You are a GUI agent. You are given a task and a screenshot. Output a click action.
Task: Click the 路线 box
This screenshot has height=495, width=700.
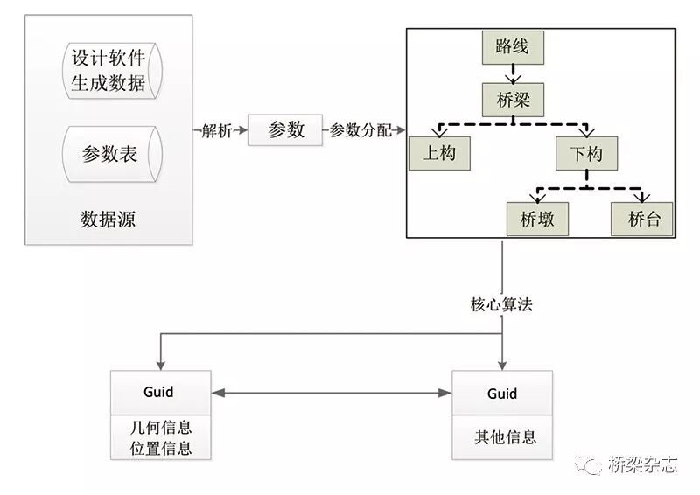pos(513,47)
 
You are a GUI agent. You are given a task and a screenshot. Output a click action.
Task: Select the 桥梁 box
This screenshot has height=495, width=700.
pos(513,100)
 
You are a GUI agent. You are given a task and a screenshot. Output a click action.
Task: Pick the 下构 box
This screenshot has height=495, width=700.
pos(585,155)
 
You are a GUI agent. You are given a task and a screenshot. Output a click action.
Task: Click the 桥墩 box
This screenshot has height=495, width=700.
pos(537,219)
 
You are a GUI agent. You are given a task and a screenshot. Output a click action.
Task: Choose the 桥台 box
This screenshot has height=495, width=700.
pos(643,219)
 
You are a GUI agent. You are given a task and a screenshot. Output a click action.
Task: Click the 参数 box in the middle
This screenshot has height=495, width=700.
pos(285,130)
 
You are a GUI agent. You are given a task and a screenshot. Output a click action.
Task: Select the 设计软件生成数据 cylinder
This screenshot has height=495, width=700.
pos(107,71)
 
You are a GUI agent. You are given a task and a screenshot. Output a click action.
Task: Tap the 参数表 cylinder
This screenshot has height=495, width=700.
pos(107,154)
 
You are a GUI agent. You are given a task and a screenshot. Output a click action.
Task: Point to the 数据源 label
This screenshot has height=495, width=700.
pos(108,219)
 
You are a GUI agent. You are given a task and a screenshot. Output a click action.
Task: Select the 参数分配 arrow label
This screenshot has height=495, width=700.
pos(360,131)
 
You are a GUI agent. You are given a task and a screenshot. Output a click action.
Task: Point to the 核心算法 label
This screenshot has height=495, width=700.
pos(501,305)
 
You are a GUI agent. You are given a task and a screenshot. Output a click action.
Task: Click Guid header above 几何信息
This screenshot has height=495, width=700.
pos(162,393)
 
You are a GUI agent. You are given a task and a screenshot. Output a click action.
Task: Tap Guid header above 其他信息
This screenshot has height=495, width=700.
pos(501,393)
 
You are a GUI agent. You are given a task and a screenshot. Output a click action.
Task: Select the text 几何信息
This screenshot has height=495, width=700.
pos(162,429)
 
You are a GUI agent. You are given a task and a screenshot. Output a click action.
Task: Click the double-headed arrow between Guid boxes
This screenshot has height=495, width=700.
pos(332,393)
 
